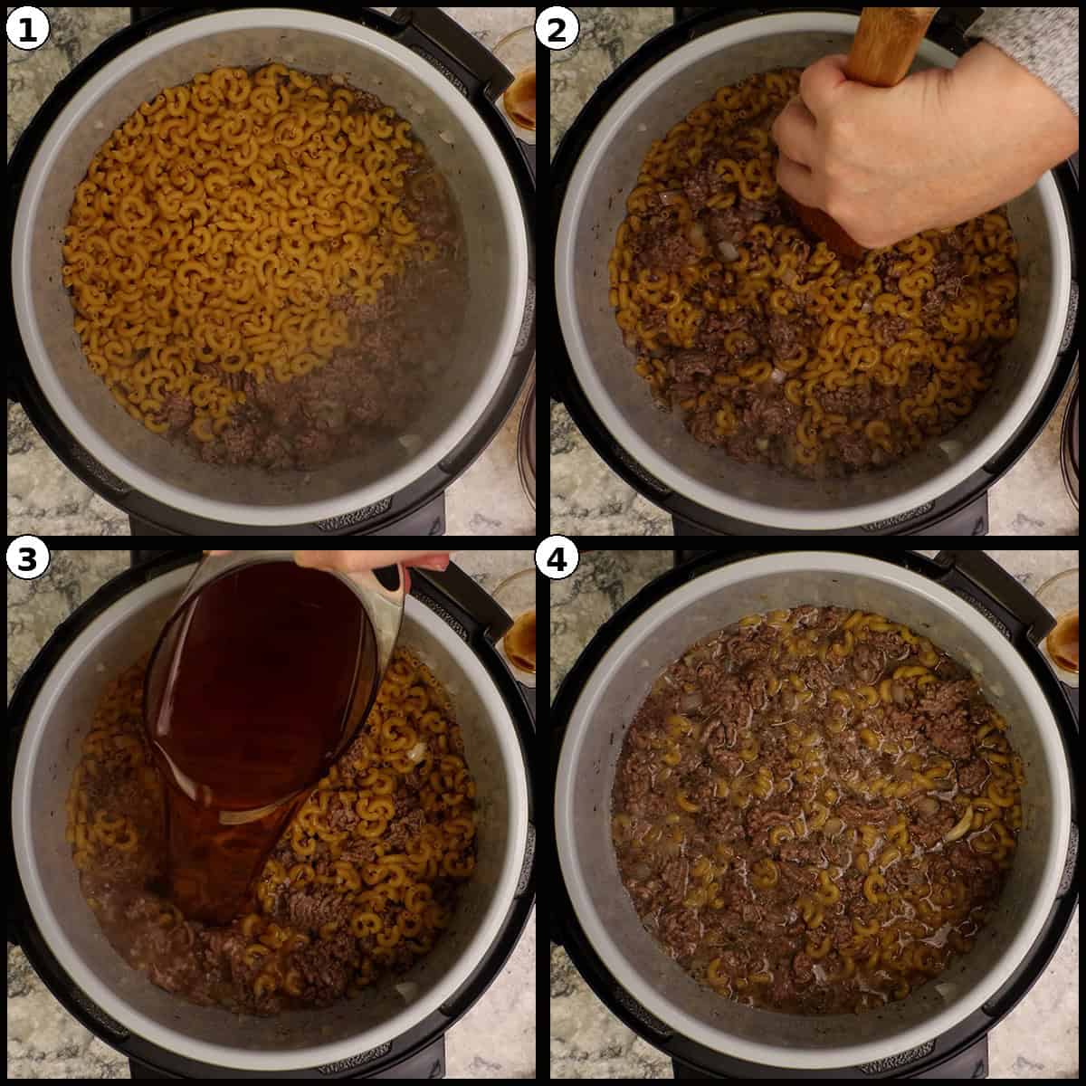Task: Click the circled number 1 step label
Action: coord(28,29)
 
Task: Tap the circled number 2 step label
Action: coord(556,29)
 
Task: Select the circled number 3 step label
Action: coord(28,559)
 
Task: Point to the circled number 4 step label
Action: coord(556,559)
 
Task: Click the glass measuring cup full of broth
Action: coord(262,688)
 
